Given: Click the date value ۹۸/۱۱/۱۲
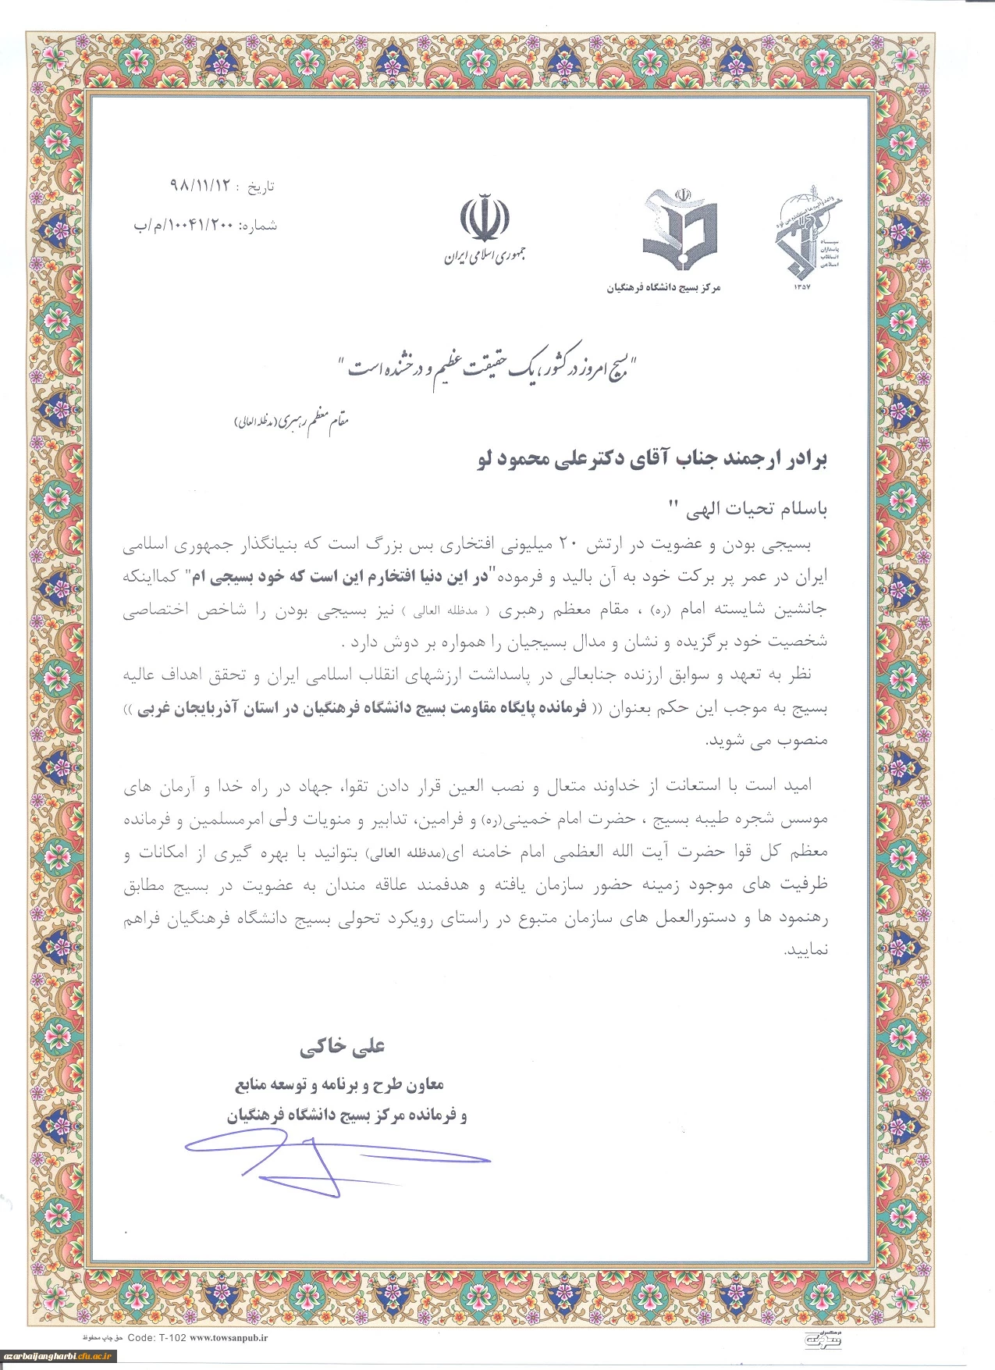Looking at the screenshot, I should click(x=201, y=187).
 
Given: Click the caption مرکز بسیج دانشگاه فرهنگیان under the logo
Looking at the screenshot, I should click(x=663, y=288).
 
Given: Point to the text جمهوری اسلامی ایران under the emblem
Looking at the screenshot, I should click(x=485, y=255).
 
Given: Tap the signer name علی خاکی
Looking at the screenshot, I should click(x=342, y=1047).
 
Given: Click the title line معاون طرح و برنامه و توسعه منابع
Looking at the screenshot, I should click(x=339, y=1084).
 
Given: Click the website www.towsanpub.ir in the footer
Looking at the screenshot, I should click(x=229, y=1337).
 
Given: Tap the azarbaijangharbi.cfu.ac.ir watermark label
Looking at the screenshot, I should click(x=59, y=1356).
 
